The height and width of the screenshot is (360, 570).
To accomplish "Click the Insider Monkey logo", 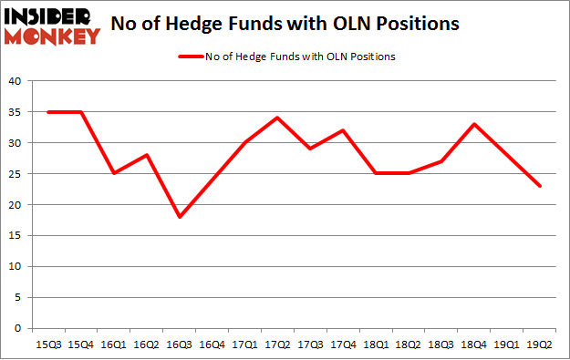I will pos(52,25).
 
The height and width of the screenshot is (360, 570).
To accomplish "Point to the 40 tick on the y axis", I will pos(15,81).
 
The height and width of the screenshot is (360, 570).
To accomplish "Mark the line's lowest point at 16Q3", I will pos(181,217).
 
